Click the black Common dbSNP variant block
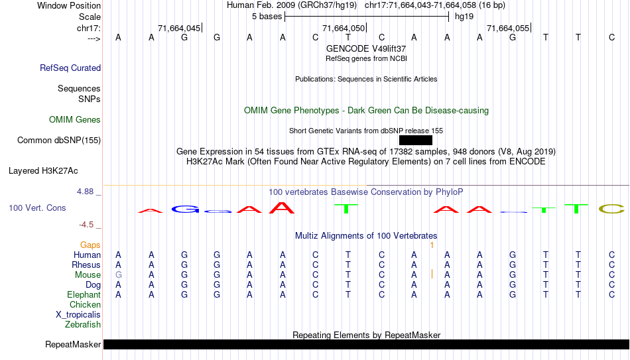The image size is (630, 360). click(x=416, y=141)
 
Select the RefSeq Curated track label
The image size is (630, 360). click(x=70, y=68)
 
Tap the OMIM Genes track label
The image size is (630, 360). click(x=75, y=120)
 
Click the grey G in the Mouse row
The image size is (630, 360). click(x=119, y=275)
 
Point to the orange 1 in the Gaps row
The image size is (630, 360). click(x=432, y=245)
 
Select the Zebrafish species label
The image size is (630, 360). click(x=83, y=324)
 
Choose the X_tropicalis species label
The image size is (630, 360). click(x=78, y=315)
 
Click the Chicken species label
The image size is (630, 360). click(x=85, y=304)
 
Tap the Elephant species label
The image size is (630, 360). click(x=84, y=294)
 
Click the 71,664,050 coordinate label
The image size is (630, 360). click(x=344, y=28)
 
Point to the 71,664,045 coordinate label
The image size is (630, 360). click(x=179, y=28)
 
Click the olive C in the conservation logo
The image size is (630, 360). click(x=611, y=209)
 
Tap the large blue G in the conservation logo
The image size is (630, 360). click(x=185, y=209)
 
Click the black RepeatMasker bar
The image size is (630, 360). click(x=367, y=344)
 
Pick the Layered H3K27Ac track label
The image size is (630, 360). click(x=43, y=171)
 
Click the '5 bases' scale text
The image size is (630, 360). click(x=267, y=17)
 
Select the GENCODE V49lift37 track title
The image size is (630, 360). click(x=366, y=48)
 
